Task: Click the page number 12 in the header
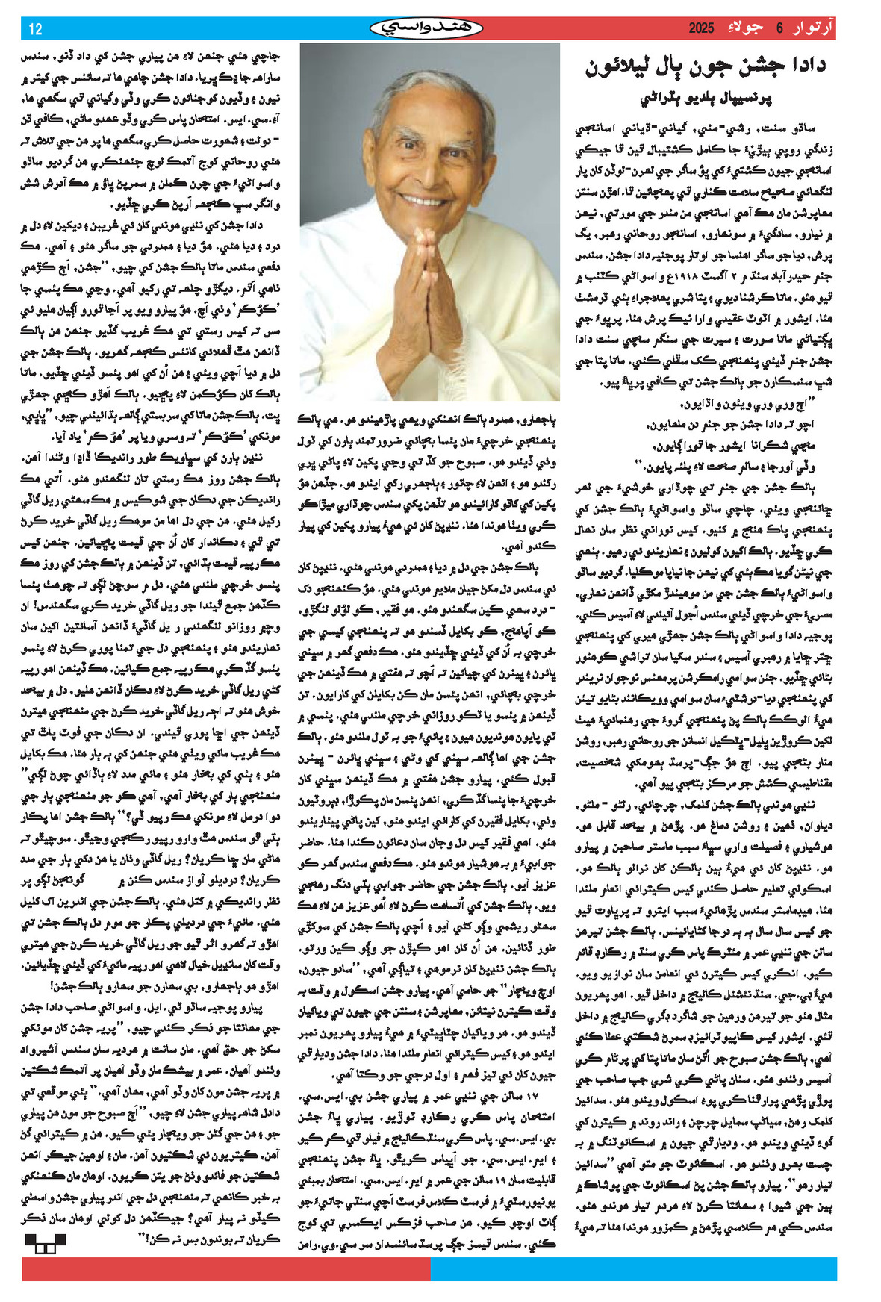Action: coord(35,29)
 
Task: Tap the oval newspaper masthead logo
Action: coord(426,28)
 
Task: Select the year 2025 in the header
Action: coord(701,29)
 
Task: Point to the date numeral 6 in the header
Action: coord(779,29)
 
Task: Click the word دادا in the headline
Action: coord(798,66)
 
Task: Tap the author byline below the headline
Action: coord(706,98)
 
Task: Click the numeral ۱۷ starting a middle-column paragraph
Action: coord(531,1096)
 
